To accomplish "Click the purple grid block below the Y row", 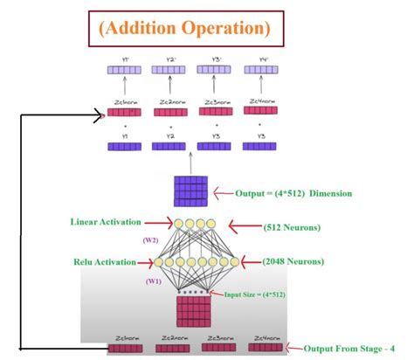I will coord(191,191).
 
